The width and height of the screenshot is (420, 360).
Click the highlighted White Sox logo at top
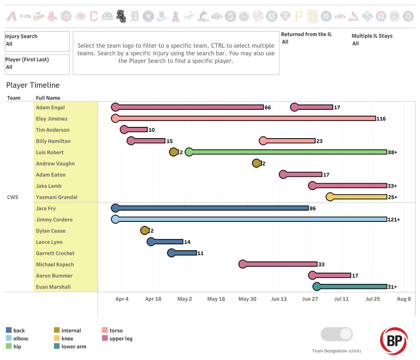tap(120, 17)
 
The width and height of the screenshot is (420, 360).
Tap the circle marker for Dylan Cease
tap(145, 230)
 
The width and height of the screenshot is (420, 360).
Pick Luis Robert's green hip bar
tap(288, 152)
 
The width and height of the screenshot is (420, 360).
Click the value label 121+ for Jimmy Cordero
tap(394, 220)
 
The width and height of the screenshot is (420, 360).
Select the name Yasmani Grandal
tap(57, 197)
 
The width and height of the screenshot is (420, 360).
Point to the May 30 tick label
tap(247, 299)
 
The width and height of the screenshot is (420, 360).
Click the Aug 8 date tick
tap(404, 299)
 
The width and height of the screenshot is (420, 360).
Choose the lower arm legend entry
tap(74, 346)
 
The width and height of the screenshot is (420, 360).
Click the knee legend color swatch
tap(57, 338)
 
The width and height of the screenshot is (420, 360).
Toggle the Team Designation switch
tap(337, 334)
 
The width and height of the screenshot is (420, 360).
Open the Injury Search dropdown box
tap(37, 41)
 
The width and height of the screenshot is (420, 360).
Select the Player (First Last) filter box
tap(37, 64)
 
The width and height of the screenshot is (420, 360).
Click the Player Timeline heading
tap(33, 85)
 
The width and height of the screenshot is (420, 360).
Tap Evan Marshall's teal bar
tap(352, 287)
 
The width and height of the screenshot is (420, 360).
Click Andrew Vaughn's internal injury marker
tap(257, 163)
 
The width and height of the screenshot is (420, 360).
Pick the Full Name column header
tap(48, 98)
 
